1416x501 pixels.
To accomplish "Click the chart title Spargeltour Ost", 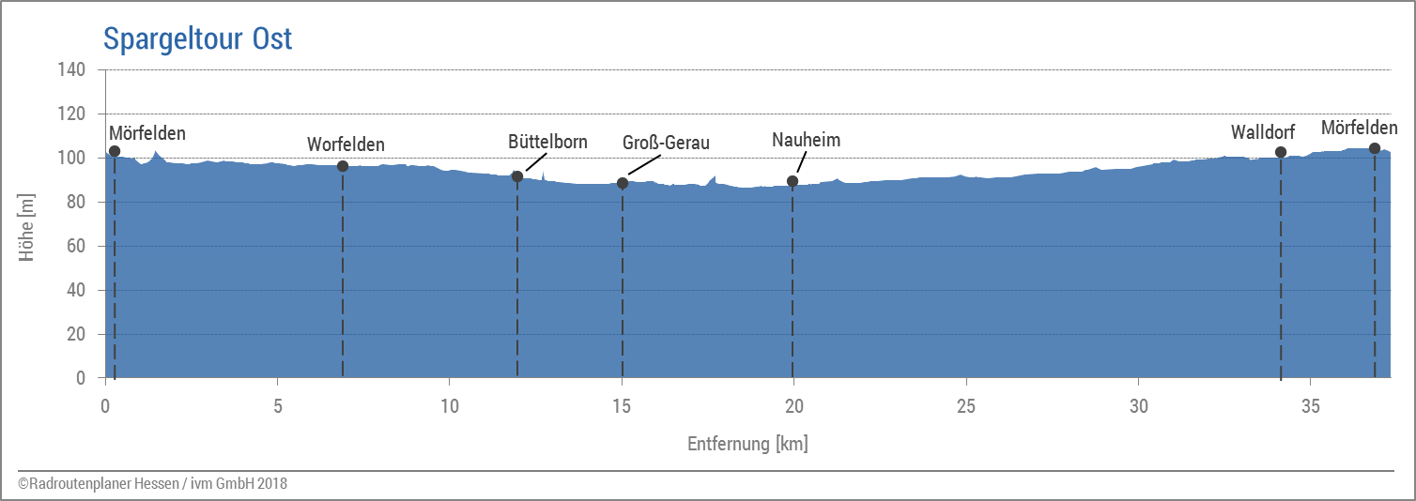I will [x=197, y=38].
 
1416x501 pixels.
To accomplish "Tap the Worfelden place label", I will [x=346, y=144].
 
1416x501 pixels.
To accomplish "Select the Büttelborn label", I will [x=547, y=142].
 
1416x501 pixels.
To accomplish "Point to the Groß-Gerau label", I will [x=666, y=143].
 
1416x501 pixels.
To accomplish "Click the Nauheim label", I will [x=806, y=140].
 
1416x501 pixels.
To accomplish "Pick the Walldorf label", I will [x=1263, y=133].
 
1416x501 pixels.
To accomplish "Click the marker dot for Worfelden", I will [x=343, y=166].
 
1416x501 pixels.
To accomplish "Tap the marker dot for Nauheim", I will [x=793, y=181].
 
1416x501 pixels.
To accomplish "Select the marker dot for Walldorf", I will [x=1281, y=152].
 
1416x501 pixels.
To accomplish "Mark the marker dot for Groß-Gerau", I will [x=623, y=183].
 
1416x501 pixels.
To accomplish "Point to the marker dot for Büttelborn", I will [x=517, y=176].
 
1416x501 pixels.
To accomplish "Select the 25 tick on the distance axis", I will [x=966, y=407].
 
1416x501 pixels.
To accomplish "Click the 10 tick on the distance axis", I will [x=450, y=407].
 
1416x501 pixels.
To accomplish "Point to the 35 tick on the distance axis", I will [x=1311, y=407].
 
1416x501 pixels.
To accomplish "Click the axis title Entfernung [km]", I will [x=747, y=444].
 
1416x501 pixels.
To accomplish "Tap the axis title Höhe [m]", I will [x=27, y=224].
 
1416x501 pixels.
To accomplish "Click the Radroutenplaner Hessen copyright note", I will [x=152, y=484].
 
